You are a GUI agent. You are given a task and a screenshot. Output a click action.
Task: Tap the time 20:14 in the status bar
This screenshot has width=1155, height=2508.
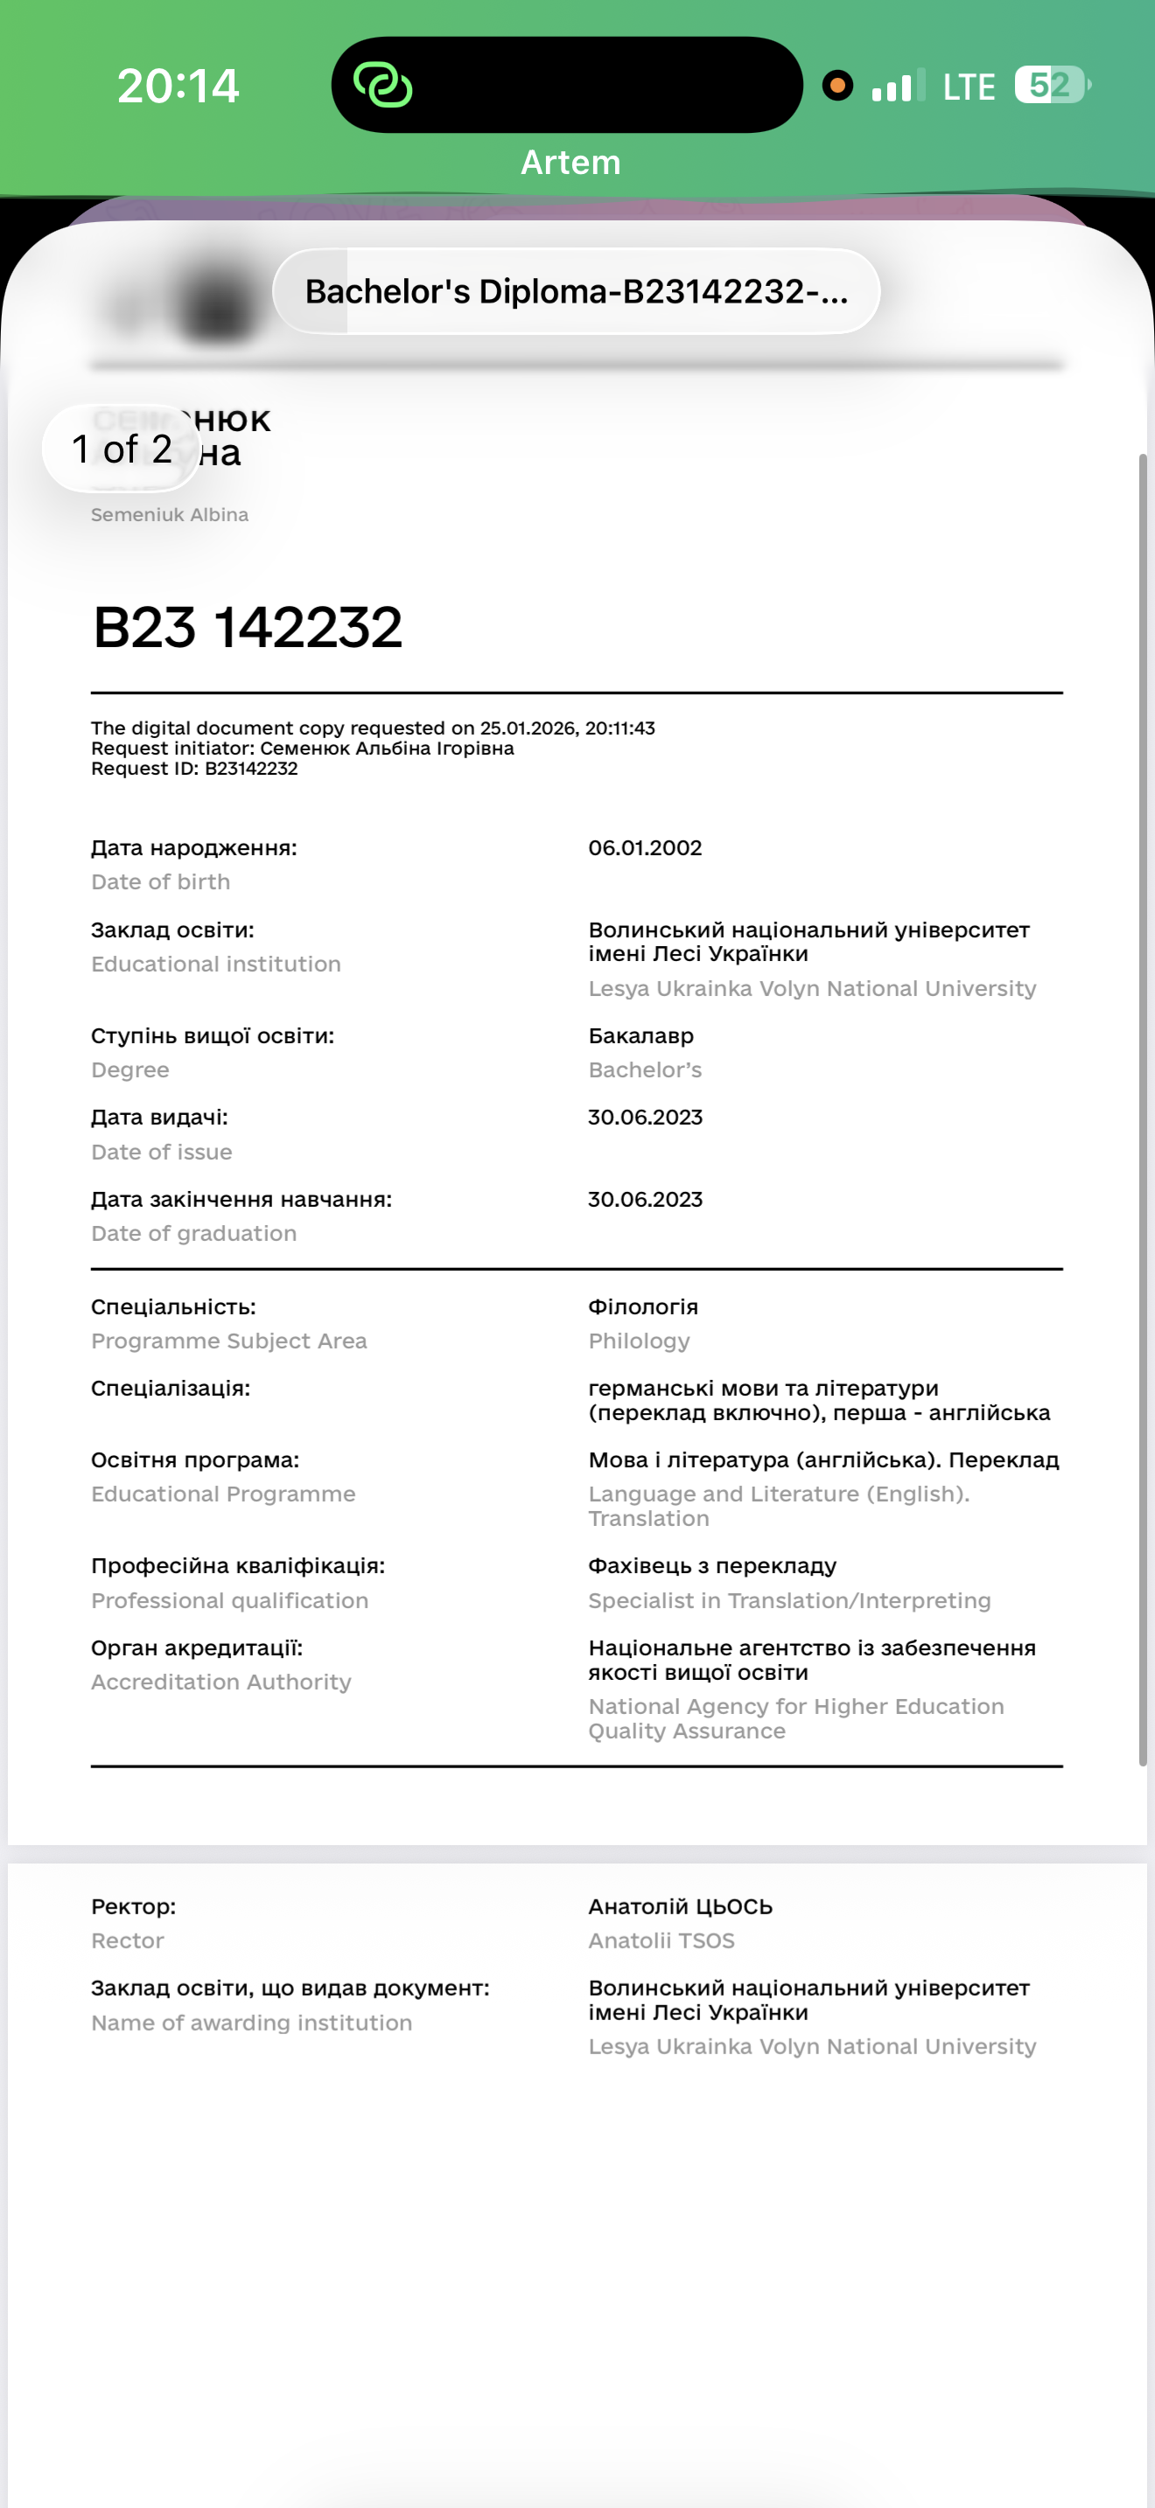178,86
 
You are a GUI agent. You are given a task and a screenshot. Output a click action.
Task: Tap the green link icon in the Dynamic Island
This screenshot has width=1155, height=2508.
382,85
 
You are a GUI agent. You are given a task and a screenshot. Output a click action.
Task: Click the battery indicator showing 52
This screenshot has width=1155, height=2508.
1050,85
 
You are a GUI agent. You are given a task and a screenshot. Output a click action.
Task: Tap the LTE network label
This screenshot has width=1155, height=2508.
968,87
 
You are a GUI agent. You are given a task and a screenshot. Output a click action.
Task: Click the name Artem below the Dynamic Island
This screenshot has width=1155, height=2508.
570,162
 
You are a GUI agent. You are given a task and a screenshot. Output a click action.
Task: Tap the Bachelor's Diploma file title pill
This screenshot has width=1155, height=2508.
577,291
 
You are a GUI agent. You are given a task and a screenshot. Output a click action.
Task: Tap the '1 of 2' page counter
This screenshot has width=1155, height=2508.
122,449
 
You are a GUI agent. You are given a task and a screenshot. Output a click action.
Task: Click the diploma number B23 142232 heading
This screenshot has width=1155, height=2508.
248,626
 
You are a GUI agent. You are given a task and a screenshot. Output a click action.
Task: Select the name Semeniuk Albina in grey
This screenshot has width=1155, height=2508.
170,514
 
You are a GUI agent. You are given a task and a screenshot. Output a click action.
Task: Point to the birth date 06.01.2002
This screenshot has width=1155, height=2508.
645,847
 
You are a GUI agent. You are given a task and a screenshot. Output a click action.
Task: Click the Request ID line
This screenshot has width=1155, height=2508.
193,768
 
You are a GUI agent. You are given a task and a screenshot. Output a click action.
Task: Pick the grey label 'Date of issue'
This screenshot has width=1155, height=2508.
162,1152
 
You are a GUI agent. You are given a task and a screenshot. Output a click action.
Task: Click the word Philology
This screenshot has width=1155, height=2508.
639,1341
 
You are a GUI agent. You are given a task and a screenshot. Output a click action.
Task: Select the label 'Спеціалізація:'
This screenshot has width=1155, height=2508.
171,1388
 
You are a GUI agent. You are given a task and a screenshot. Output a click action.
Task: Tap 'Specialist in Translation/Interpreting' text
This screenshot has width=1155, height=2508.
789,1599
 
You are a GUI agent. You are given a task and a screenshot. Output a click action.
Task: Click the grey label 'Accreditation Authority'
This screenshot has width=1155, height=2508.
221,1682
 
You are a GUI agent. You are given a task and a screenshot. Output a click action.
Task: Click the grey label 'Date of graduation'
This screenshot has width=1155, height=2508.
193,1233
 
